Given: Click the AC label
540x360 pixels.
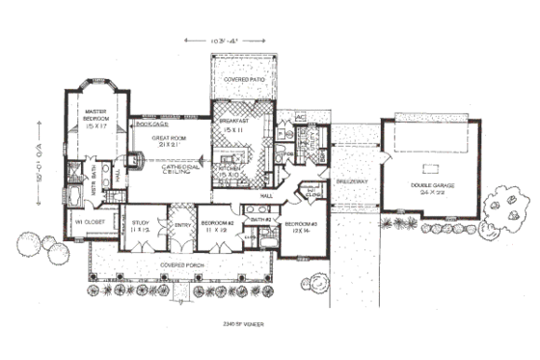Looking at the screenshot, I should (299, 118).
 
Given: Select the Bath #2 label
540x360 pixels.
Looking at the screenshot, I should (257, 221).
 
